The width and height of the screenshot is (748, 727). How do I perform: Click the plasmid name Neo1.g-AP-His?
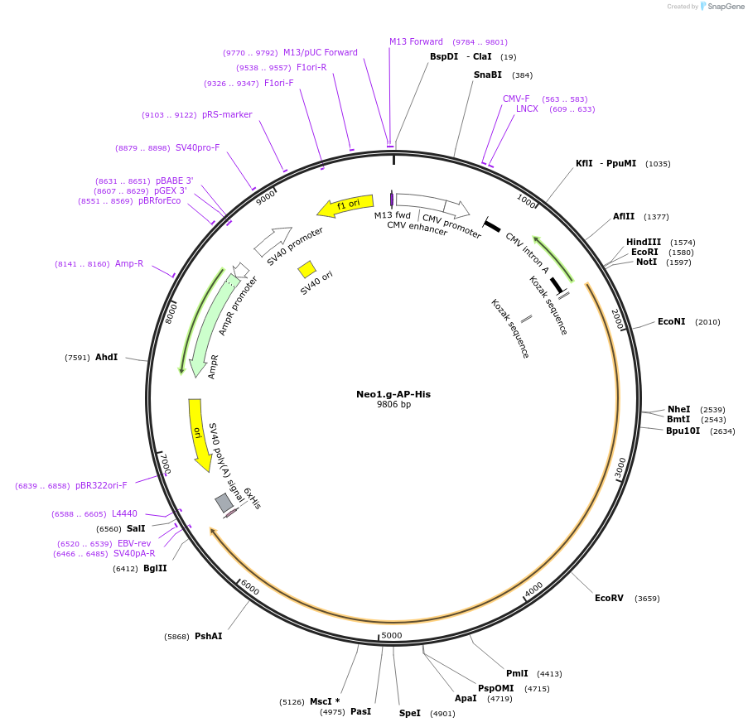pos(393,394)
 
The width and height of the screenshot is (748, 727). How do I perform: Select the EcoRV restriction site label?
pos(609,598)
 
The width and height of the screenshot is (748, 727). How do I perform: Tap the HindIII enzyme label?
pos(644,242)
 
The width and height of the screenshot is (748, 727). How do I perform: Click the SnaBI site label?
pos(488,75)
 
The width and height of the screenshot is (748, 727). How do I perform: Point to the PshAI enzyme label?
pos(208,636)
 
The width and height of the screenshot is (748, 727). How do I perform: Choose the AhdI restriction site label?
pos(106,357)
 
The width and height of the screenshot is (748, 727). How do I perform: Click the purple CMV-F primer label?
pos(516,99)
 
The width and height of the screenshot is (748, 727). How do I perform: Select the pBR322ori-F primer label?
pos(101,485)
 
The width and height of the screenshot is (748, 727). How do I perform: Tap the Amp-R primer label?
pos(129,263)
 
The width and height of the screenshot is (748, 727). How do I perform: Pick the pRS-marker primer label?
pos(227,114)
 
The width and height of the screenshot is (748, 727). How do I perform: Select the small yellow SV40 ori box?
pos(306,269)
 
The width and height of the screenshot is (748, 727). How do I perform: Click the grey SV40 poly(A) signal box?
pos(224,503)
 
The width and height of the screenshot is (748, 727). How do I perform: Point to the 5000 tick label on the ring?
pos(392,635)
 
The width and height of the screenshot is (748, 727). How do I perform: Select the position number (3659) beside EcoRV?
pos(647,598)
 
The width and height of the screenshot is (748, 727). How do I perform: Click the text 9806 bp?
pos(393,405)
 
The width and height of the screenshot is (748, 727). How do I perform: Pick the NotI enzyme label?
pos(646,262)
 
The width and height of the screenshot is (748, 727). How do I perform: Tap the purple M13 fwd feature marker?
pos(392,200)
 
